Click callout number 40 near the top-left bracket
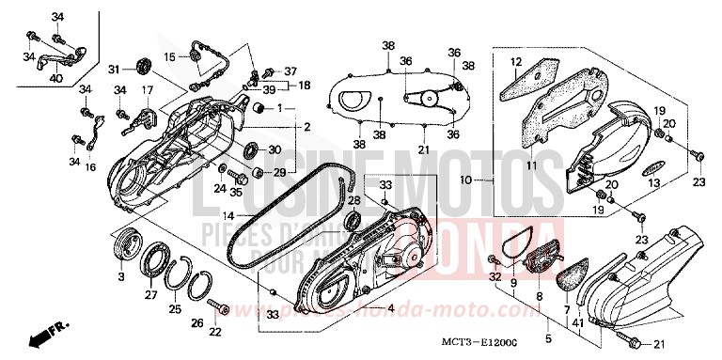click(x=57, y=78)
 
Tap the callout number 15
click(x=170, y=57)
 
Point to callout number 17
click(x=147, y=90)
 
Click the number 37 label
click(x=290, y=70)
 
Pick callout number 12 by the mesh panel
click(x=515, y=62)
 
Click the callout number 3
click(x=121, y=278)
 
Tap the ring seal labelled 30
click(x=251, y=150)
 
